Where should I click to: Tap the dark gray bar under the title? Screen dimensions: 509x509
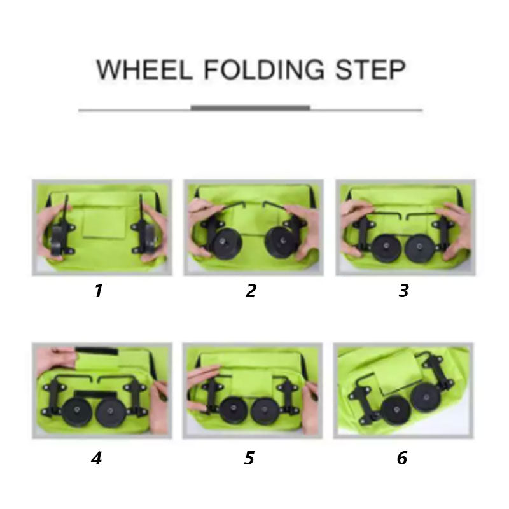click(x=250, y=108)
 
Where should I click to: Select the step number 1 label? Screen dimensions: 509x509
click(x=98, y=291)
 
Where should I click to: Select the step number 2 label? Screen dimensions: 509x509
click(x=251, y=291)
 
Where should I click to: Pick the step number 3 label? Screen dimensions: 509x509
click(x=403, y=291)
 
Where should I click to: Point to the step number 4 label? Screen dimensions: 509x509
click(x=97, y=458)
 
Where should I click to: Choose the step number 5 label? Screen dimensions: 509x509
click(x=250, y=458)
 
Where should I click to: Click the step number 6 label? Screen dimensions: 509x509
click(x=402, y=458)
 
